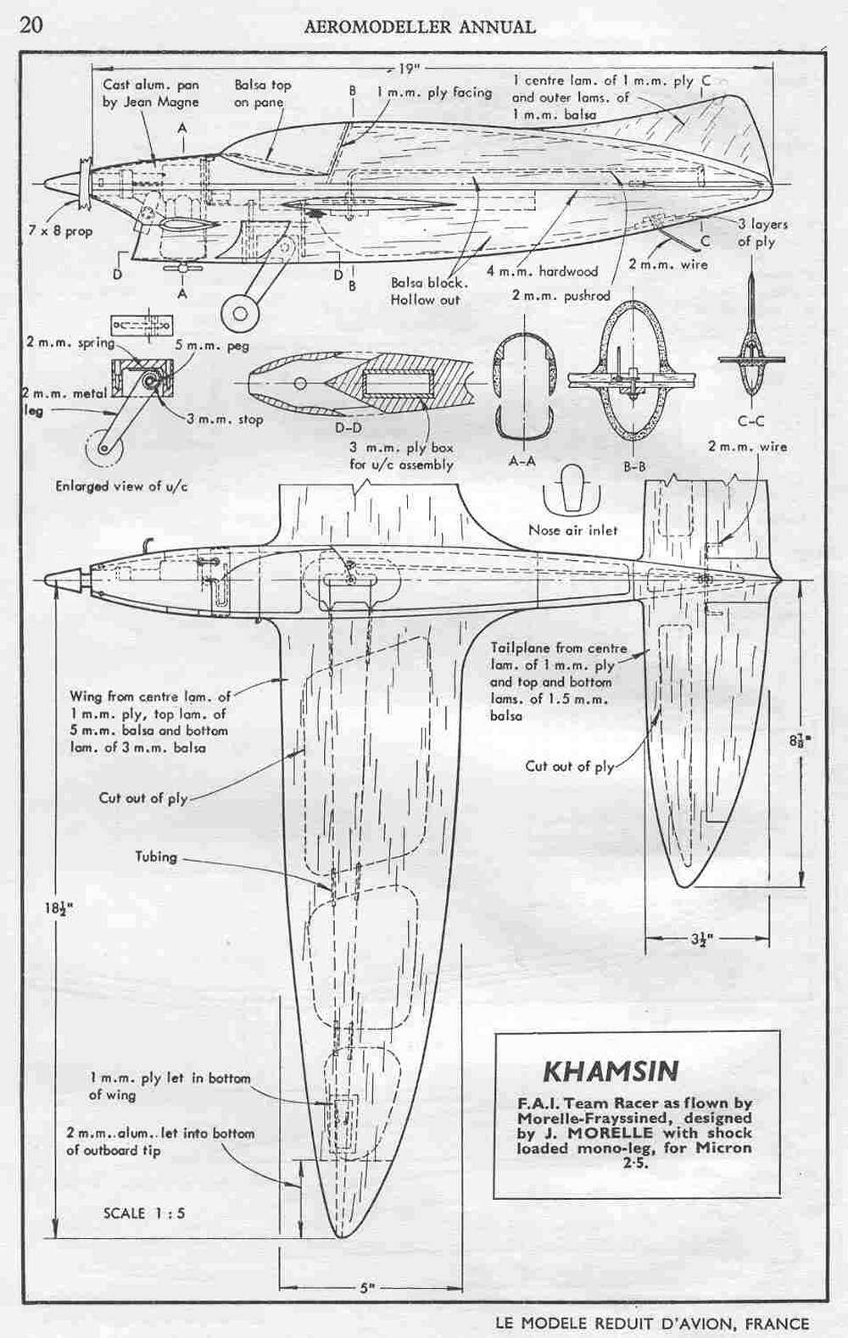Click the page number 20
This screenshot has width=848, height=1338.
(x=31, y=25)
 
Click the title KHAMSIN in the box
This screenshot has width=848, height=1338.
(x=611, y=1072)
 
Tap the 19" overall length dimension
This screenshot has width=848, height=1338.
(x=408, y=69)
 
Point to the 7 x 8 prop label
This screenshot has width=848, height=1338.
(x=60, y=230)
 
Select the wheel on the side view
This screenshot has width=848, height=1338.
(x=240, y=313)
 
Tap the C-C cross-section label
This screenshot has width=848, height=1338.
(x=750, y=421)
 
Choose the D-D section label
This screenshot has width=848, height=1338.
(x=351, y=428)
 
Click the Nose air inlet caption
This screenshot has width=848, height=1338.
(x=572, y=530)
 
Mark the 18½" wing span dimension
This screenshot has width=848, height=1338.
(x=56, y=908)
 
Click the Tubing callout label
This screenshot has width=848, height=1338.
(x=156, y=856)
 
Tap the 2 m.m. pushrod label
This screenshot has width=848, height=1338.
(x=561, y=295)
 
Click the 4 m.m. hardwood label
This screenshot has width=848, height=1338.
(x=541, y=271)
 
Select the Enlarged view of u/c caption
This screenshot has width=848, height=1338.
(x=121, y=486)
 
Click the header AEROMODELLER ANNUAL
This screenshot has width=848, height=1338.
(x=420, y=26)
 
